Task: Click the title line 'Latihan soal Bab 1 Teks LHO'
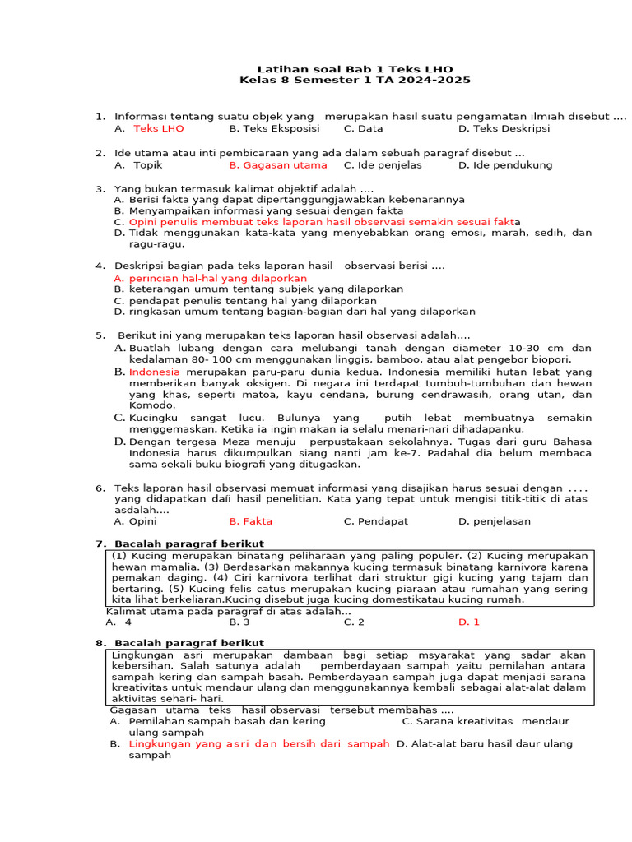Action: (x=355, y=69)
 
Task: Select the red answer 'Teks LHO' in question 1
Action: (x=159, y=128)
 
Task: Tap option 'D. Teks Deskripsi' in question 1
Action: (x=504, y=128)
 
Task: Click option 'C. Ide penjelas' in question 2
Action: (x=382, y=164)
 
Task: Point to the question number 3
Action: (x=99, y=188)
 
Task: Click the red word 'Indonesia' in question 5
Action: (x=154, y=372)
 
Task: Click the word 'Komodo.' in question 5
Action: (x=152, y=405)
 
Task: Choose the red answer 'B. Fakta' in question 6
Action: (x=250, y=520)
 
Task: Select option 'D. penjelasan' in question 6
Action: (x=494, y=520)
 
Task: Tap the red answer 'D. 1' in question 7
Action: (x=468, y=622)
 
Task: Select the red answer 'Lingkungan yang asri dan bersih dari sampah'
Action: (x=258, y=743)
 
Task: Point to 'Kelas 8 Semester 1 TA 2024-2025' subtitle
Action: (x=355, y=81)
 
